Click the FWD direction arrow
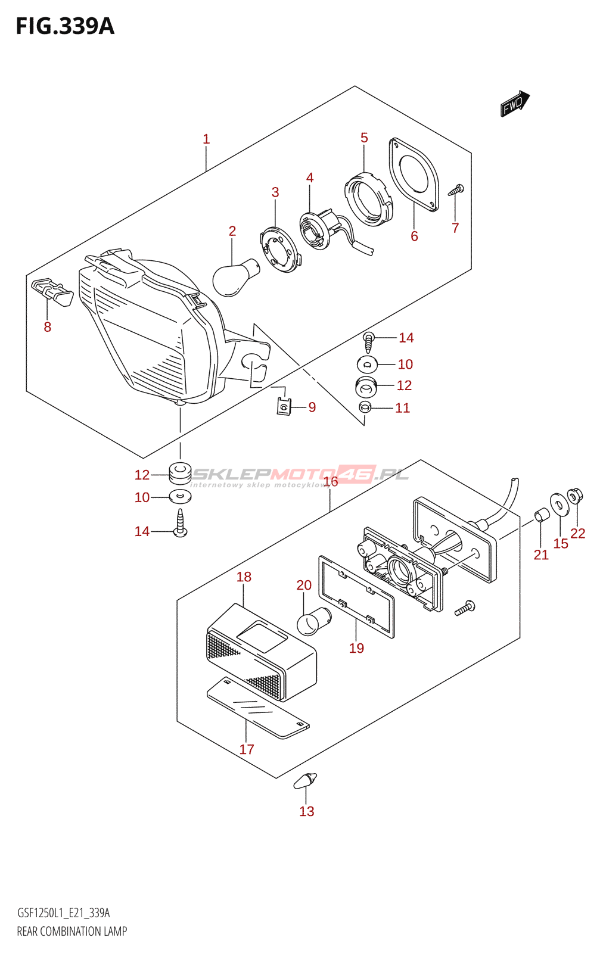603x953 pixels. (514, 104)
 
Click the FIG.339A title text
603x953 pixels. (64, 27)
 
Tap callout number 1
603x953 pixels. (206, 139)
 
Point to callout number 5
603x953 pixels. (364, 138)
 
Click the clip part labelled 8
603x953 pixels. (52, 291)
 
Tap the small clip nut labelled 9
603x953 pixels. (284, 407)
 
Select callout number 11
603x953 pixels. (403, 408)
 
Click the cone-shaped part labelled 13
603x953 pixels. (306, 780)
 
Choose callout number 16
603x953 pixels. (331, 481)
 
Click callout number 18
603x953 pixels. (244, 577)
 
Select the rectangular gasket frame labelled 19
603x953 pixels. (356, 596)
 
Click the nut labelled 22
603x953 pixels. (575, 496)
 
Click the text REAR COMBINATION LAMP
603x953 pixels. (72, 932)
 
